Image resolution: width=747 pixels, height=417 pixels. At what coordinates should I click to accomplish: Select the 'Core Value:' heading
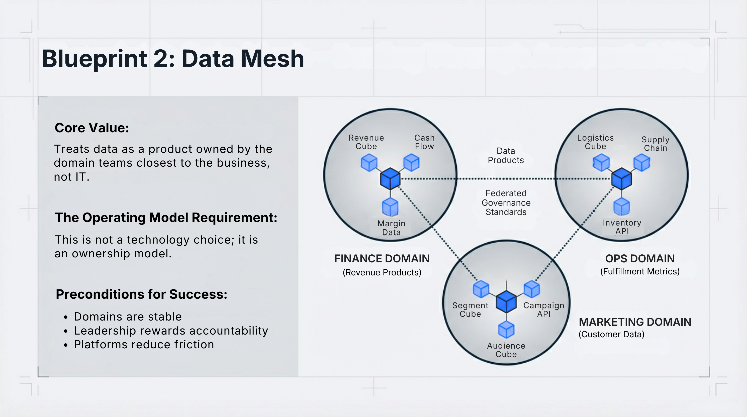92,128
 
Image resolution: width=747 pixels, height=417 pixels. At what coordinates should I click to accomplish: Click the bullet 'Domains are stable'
128,317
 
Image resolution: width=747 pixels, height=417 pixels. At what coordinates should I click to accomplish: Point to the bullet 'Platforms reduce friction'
144,345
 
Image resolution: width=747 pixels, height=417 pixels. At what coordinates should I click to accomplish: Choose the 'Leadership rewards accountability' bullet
171,331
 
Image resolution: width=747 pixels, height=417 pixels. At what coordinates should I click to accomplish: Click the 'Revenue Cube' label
366,142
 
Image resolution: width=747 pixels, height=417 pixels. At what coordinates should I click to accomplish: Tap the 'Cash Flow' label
424,142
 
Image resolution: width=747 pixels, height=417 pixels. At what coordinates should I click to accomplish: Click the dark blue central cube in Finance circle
390,179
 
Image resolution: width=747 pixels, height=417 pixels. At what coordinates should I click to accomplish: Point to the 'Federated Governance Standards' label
506,203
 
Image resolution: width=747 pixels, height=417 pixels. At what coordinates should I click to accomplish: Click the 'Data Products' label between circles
506,155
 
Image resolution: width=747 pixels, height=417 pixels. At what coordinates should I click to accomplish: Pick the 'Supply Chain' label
655,144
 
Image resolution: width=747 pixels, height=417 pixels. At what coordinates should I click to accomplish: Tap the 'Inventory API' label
622,227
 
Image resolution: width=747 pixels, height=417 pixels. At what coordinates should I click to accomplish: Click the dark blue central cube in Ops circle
621,179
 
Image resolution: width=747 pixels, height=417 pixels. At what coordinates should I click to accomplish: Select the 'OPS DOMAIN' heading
640,258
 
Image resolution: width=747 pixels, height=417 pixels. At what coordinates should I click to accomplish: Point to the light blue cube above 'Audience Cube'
506,330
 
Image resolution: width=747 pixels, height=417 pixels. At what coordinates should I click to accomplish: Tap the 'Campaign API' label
543,309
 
